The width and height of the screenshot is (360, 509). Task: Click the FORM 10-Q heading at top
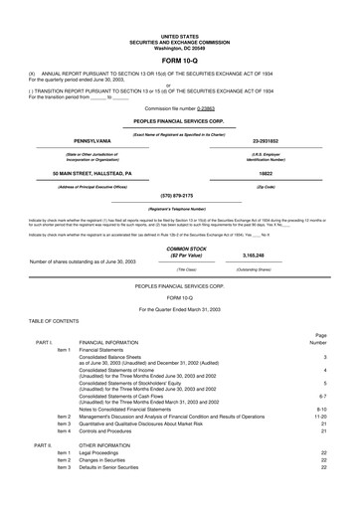tap(179, 33)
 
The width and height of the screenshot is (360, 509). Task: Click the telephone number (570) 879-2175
tap(179, 195)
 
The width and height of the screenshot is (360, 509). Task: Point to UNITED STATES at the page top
tap(179, 6)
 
